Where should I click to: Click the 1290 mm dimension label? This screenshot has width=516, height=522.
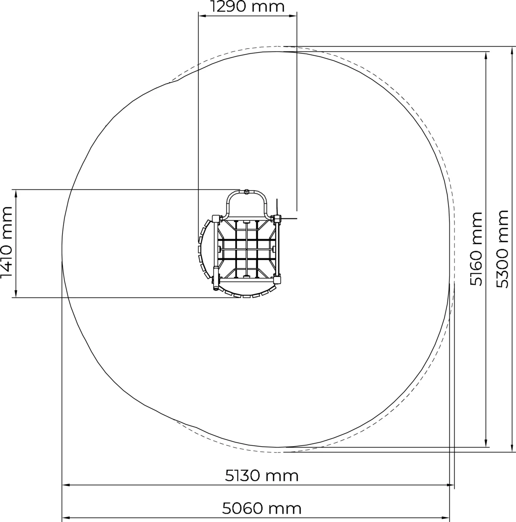coord(248,7)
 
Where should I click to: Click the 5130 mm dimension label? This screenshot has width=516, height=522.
coord(261,476)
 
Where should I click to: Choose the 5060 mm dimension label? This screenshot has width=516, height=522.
coord(261,509)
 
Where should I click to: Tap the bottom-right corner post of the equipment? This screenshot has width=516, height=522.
coord(276,280)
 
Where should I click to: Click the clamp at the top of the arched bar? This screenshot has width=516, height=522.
coord(246,192)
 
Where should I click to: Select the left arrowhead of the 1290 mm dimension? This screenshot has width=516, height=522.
coord(201,16)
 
